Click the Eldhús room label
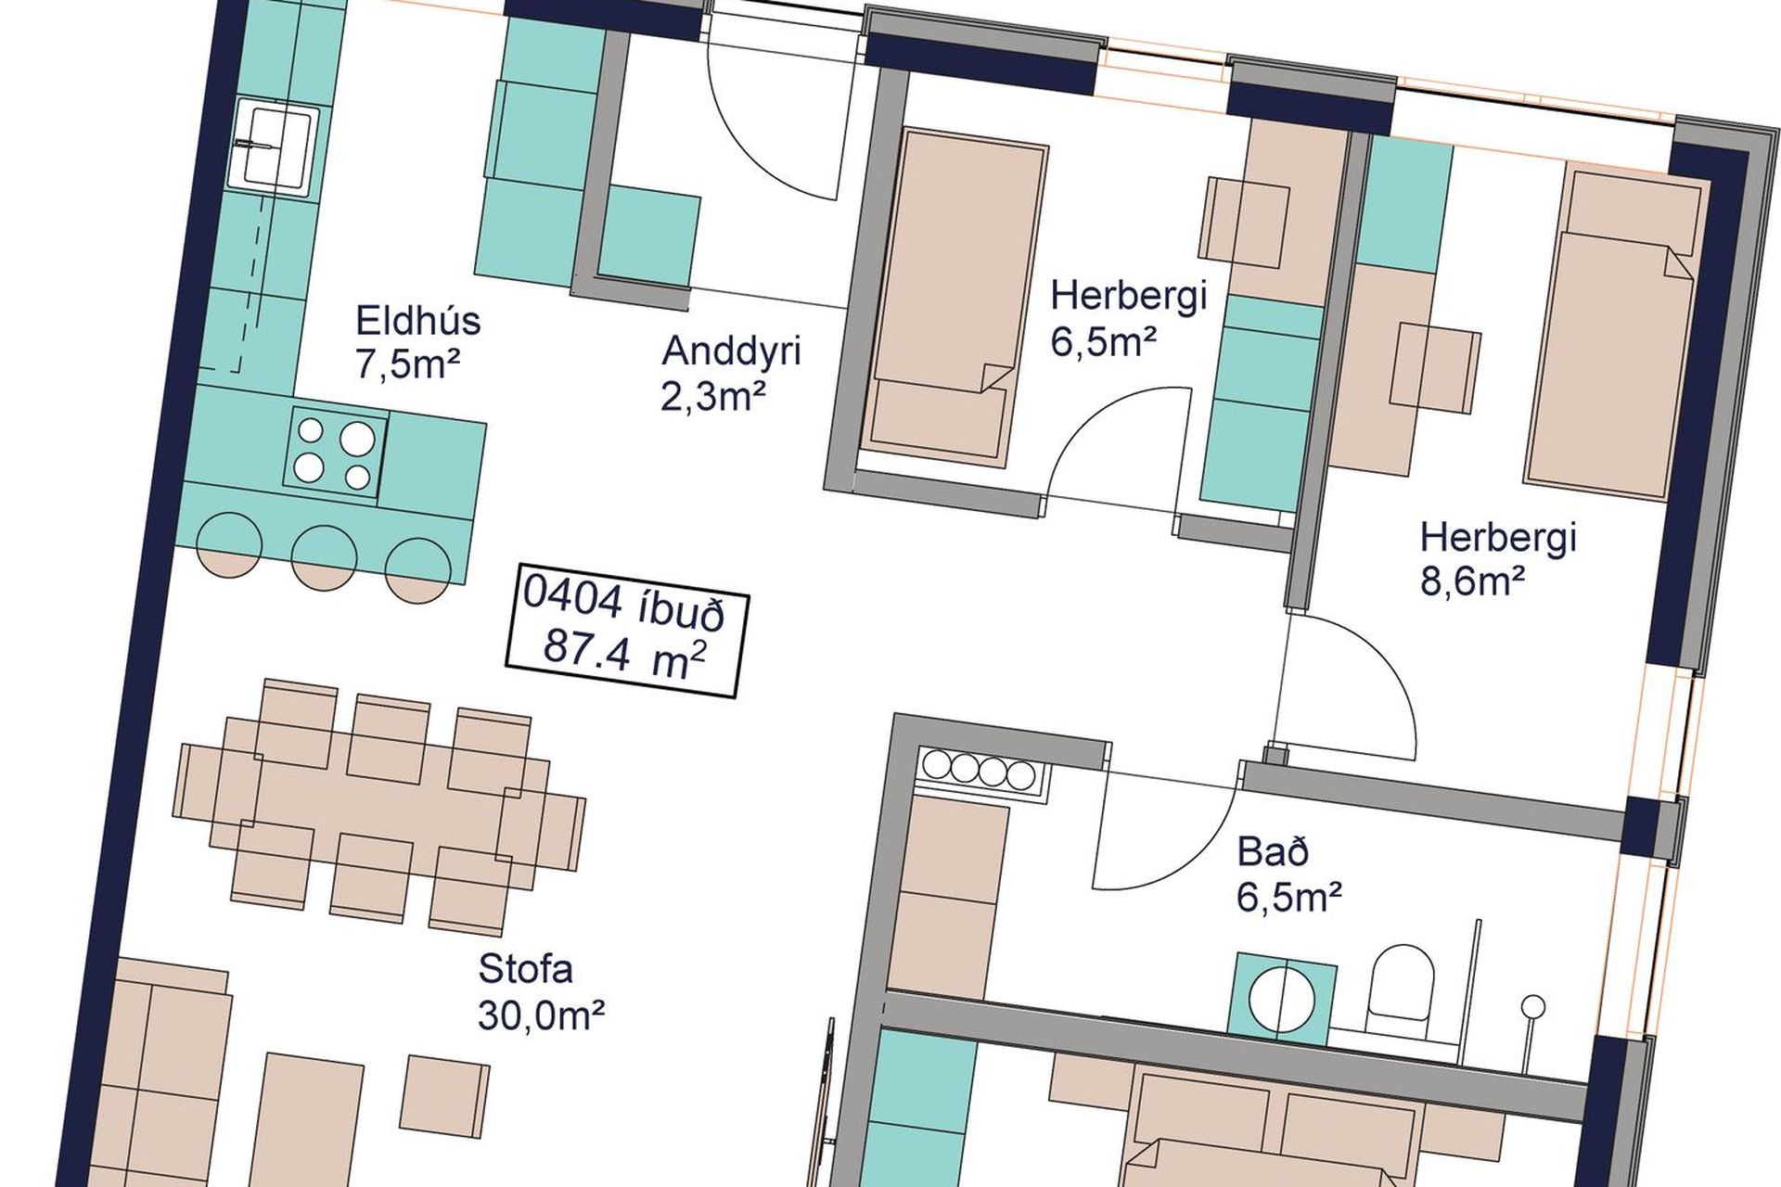(x=418, y=321)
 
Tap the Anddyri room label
(x=731, y=352)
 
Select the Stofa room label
(x=525, y=969)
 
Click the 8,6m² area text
(x=1473, y=581)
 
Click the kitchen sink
(x=276, y=148)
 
